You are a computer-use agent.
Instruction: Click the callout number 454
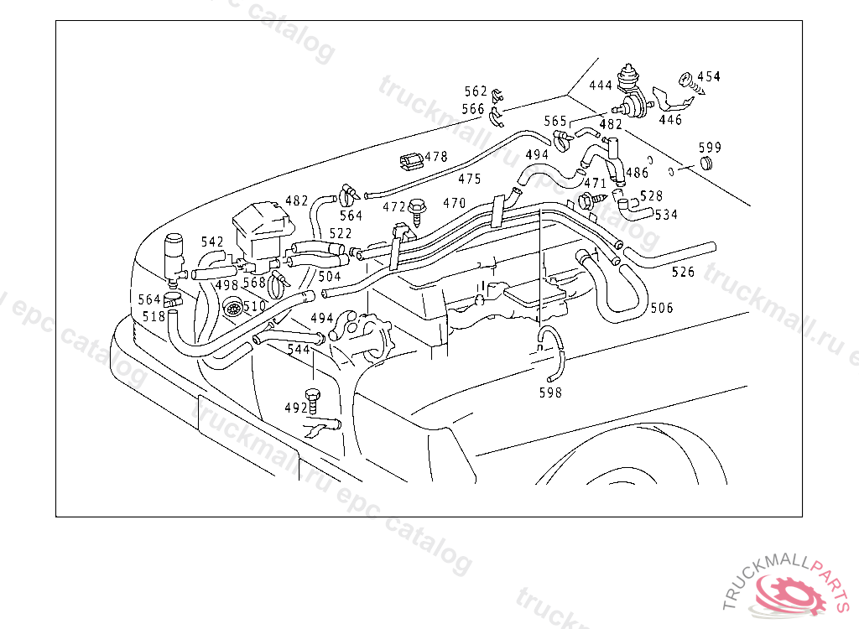click(x=709, y=76)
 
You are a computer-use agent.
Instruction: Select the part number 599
click(x=710, y=148)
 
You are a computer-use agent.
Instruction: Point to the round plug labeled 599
click(x=706, y=163)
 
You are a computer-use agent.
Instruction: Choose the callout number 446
click(x=670, y=119)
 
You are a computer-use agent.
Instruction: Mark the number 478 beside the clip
click(x=436, y=157)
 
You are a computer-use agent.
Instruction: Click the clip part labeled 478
click(x=411, y=160)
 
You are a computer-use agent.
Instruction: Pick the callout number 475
click(x=470, y=179)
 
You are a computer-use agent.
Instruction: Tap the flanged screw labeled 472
click(x=418, y=210)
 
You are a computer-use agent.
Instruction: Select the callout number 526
click(x=683, y=271)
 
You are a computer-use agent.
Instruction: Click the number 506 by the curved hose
click(x=662, y=308)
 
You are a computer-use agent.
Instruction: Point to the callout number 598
click(x=550, y=392)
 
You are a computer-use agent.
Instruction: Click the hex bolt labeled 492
click(x=312, y=402)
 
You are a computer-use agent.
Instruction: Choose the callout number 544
click(x=299, y=349)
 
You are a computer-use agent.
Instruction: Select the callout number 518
click(x=154, y=316)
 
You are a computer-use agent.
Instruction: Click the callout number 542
click(x=212, y=242)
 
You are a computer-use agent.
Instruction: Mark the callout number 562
click(x=476, y=91)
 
